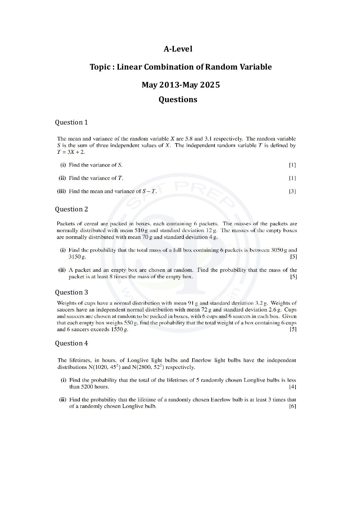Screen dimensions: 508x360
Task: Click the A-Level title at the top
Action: pyautogui.click(x=178, y=49)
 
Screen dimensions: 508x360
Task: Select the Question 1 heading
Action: pyautogui.click(x=71, y=123)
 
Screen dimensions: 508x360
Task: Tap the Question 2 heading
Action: pyautogui.click(x=71, y=209)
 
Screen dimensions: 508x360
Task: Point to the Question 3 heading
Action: pyautogui.click(x=71, y=293)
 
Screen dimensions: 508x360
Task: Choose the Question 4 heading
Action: pyautogui.click(x=71, y=343)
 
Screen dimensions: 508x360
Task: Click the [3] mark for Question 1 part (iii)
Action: pyautogui.click(x=292, y=191)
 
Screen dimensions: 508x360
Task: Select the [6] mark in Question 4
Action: pyautogui.click(x=292, y=407)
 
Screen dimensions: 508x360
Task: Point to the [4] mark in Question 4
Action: pyautogui.click(x=292, y=387)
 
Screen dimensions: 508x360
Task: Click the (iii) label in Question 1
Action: pyautogui.click(x=61, y=191)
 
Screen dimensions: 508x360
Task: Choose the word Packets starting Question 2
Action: pyautogui.click(x=67, y=224)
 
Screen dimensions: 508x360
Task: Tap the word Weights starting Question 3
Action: pyautogui.click(x=67, y=303)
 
